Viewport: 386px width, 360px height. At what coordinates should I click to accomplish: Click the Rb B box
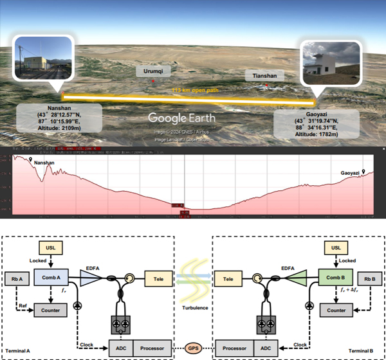366,277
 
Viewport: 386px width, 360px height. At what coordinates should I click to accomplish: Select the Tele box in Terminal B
227,277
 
